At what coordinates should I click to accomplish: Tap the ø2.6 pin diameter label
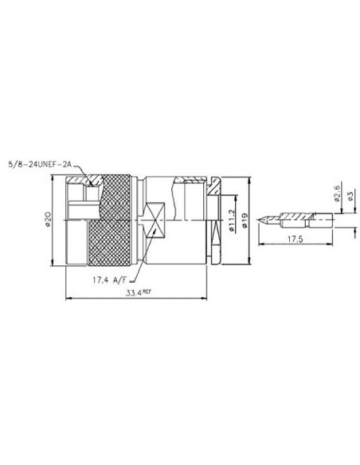click(x=338, y=193)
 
